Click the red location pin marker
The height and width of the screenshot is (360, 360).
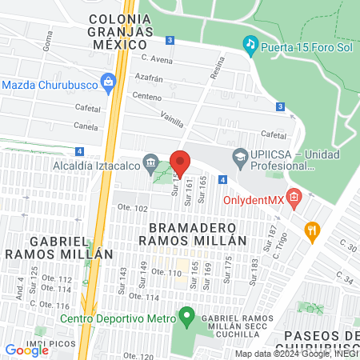pyautogui.click(x=180, y=163)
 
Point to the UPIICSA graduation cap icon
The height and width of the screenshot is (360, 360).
pyautogui.click(x=238, y=155)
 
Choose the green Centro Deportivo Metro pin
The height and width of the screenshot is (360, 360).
pyautogui.click(x=186, y=317)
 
